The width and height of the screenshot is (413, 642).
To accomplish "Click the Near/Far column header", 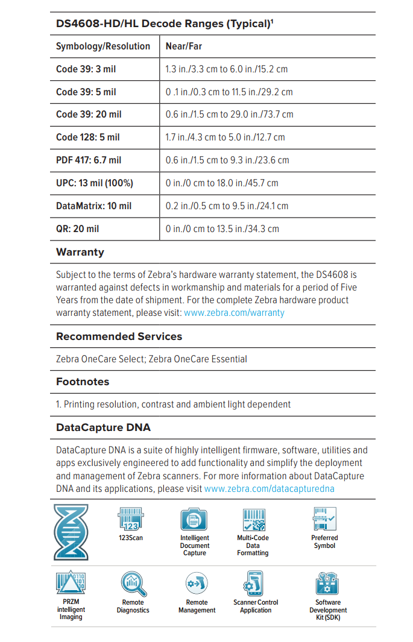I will pos(184,46).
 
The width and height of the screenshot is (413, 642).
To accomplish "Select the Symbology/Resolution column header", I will pos(103,46).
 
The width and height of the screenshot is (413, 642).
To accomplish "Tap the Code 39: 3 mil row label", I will pos(86,69).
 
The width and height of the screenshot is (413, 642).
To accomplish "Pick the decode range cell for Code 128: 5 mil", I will pos(225,137).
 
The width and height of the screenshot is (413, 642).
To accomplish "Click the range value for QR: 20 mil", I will pos(222,229).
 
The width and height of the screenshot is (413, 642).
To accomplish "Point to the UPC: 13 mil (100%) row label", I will pos(95,183).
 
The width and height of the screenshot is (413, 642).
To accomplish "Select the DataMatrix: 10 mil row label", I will pos(93,206).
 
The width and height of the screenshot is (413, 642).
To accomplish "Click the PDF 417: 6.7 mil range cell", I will pos(227,160).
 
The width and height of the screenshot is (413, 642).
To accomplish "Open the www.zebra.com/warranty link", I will pos(234,313).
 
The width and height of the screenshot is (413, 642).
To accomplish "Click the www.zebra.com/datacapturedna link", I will pos(269,488).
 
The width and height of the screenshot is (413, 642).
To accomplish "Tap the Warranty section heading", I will pos(80,252).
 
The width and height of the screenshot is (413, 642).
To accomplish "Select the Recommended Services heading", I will pos(119,336).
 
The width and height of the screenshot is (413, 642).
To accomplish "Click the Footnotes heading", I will pos(83,382).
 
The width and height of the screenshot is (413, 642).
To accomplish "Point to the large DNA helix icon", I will pos(71,532).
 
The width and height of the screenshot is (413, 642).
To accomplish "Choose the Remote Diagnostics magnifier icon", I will pos(133,584).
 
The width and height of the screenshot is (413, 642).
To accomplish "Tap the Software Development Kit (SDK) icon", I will pos(328,584).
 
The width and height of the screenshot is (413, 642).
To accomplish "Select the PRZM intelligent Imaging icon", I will pos(71,584).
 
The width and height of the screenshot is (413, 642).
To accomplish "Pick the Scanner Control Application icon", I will pos(256,584).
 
